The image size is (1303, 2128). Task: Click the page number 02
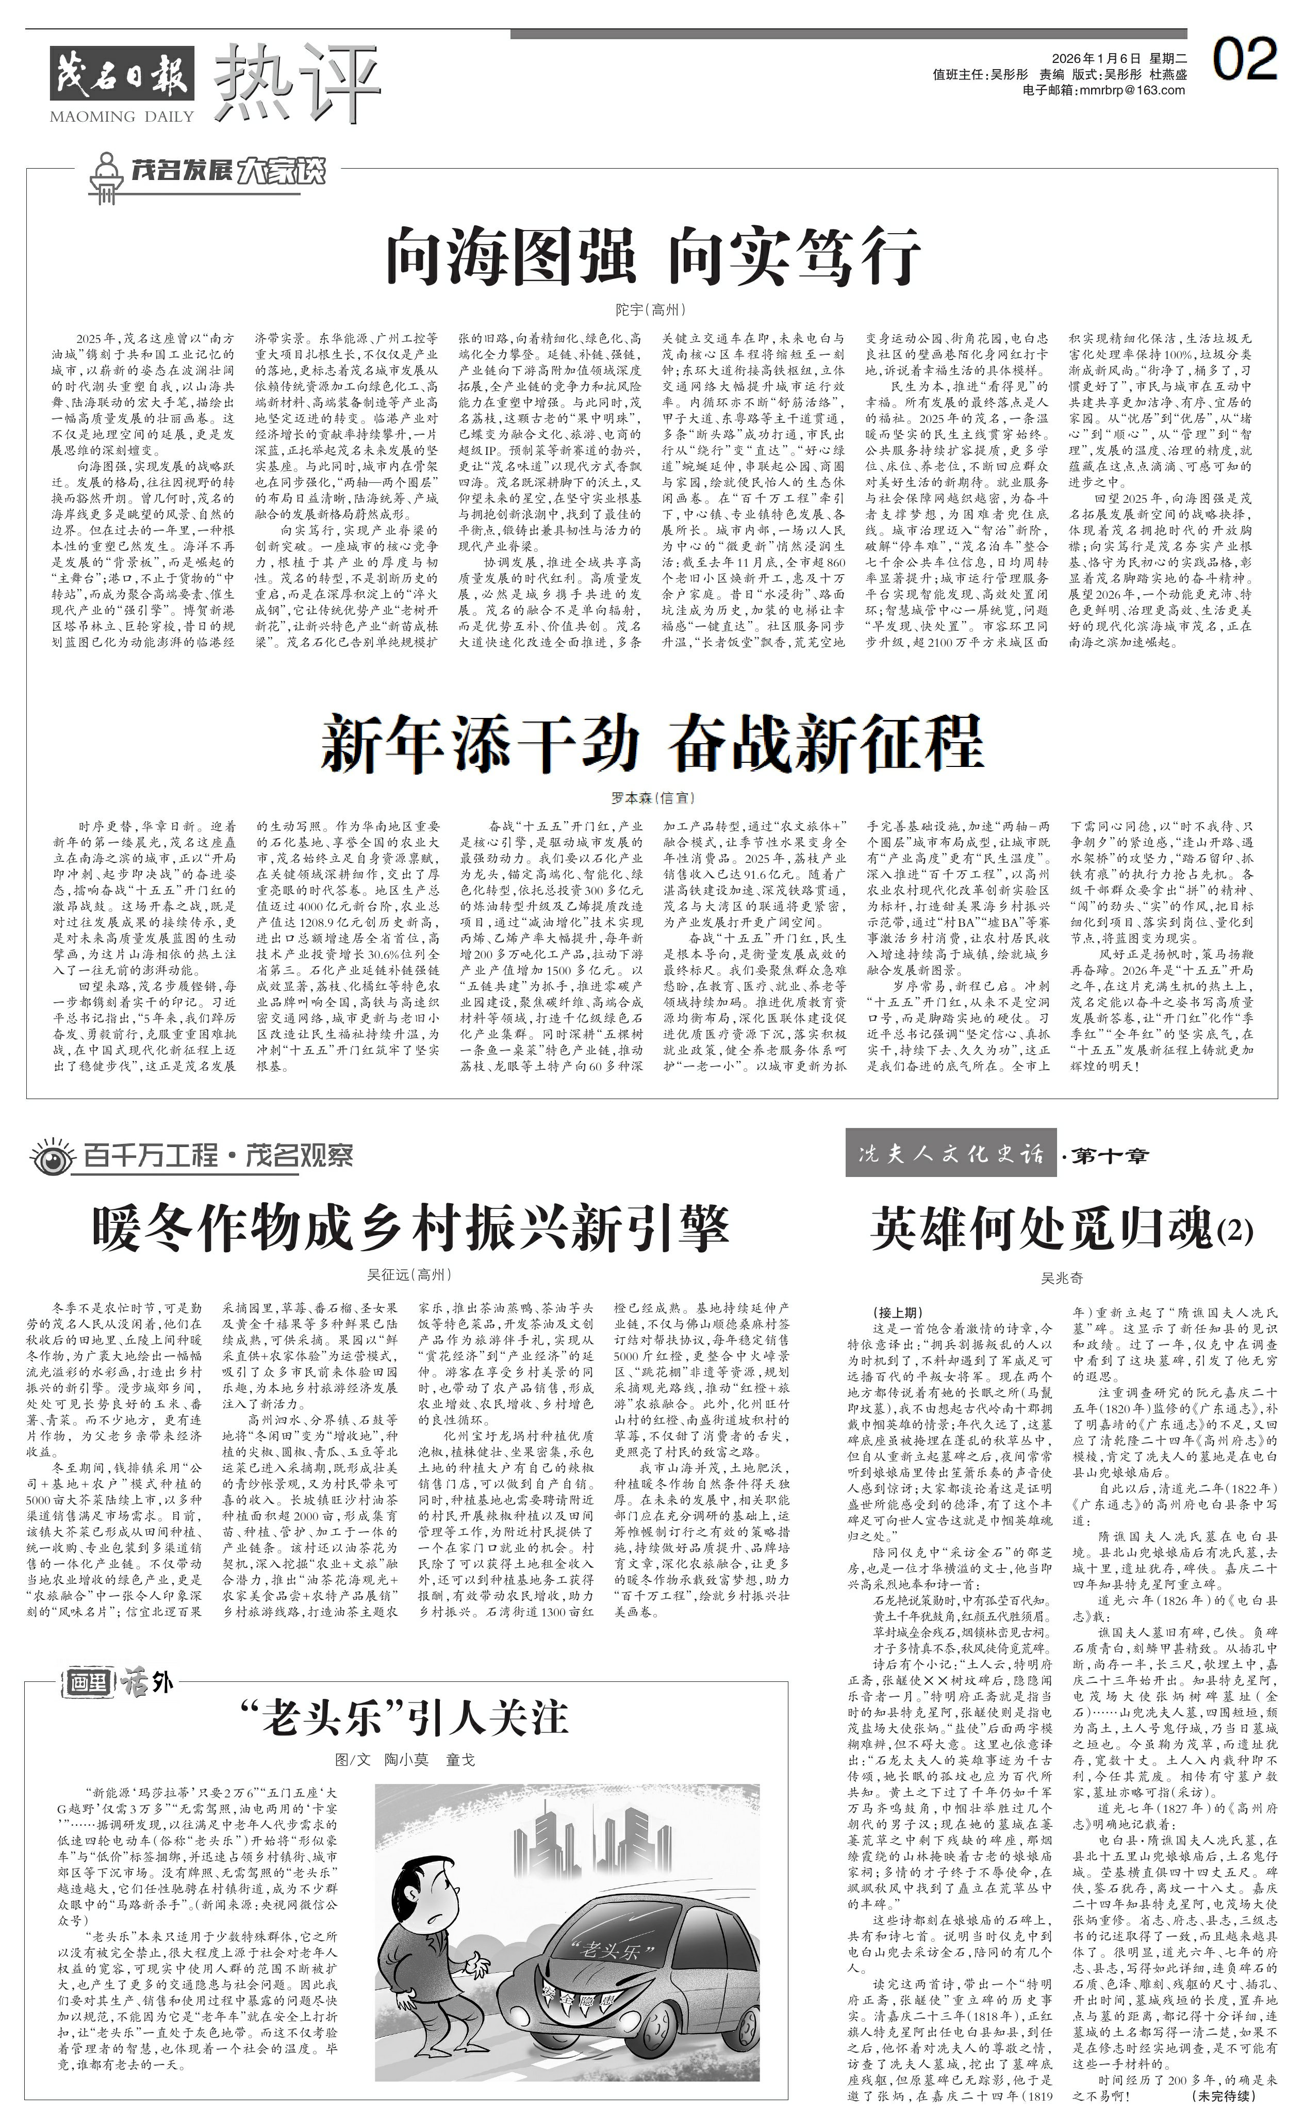(x=1244, y=60)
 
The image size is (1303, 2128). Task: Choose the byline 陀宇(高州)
(x=651, y=309)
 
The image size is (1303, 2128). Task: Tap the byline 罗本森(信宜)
(x=652, y=797)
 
